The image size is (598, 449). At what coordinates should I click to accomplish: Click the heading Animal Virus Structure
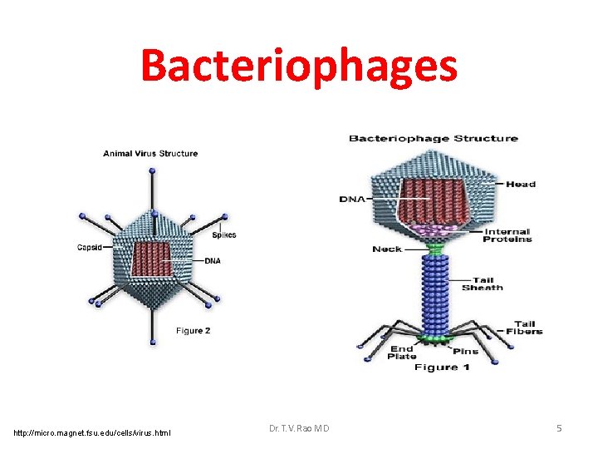[x=150, y=153]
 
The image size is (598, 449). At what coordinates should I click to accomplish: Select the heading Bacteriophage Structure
[x=433, y=138]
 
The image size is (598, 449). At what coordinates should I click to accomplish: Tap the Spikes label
[x=223, y=234]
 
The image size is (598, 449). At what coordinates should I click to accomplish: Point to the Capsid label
[x=90, y=247]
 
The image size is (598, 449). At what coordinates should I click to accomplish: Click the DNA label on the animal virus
[x=213, y=261]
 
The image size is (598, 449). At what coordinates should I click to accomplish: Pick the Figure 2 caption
[x=193, y=330]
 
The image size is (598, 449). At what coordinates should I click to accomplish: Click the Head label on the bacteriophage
[x=521, y=184]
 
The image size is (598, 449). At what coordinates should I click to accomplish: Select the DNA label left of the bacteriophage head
[x=351, y=199]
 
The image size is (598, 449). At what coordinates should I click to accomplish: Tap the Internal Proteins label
[x=507, y=236]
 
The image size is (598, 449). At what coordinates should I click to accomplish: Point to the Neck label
[x=387, y=249]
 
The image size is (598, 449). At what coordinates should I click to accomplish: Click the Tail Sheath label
[x=483, y=284]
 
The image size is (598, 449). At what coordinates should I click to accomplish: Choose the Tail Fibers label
[x=524, y=328]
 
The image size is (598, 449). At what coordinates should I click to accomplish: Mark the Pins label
[x=465, y=352]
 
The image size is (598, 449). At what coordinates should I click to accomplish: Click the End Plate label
[x=402, y=353]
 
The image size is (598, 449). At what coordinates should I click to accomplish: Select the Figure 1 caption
[x=442, y=367]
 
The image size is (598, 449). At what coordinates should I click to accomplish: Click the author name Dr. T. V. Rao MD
[x=299, y=428]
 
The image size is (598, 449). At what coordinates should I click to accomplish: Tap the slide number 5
[x=559, y=428]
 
